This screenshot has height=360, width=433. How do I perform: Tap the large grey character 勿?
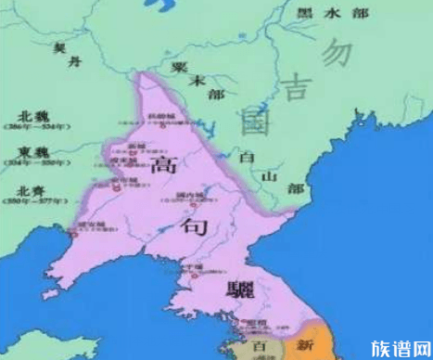(337, 54)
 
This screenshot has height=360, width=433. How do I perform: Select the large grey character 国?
(250, 122)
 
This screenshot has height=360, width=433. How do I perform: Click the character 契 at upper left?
(60, 45)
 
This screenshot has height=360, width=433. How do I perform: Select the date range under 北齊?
(33, 202)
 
